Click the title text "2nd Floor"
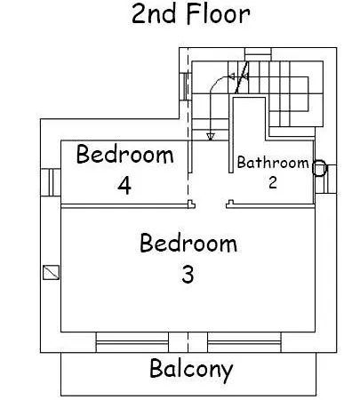point(191,14)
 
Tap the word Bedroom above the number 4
point(124,154)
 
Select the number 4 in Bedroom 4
point(124,186)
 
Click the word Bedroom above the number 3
point(188,243)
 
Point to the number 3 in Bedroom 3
point(188,275)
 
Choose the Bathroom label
point(273,163)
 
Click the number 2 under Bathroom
point(273,182)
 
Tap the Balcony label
point(191,370)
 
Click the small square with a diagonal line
point(52,273)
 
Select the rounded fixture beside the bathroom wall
point(319,168)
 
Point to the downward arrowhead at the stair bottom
point(211,137)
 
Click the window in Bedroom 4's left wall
point(51,182)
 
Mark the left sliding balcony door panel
point(132,342)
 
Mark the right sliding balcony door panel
point(244,342)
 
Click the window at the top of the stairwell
point(258,54)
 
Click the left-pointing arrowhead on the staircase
point(232,77)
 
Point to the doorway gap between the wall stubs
point(211,204)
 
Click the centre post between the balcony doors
point(188,342)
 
